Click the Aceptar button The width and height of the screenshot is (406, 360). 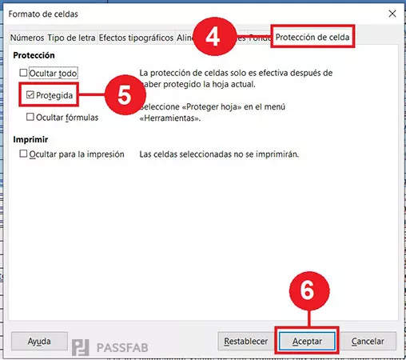[307, 340]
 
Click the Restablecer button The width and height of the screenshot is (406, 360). [245, 340]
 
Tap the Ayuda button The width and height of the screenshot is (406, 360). [39, 340]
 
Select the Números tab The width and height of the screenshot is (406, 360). [26, 38]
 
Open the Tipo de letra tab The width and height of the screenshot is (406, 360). [71, 38]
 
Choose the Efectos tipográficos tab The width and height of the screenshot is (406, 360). [135, 38]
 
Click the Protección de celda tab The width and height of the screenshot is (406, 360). [312, 37]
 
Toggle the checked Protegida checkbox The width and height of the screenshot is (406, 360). [30, 95]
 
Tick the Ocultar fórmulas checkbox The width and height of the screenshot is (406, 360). [30, 117]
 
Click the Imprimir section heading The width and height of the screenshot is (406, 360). [32, 138]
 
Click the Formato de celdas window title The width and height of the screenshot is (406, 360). [44, 14]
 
